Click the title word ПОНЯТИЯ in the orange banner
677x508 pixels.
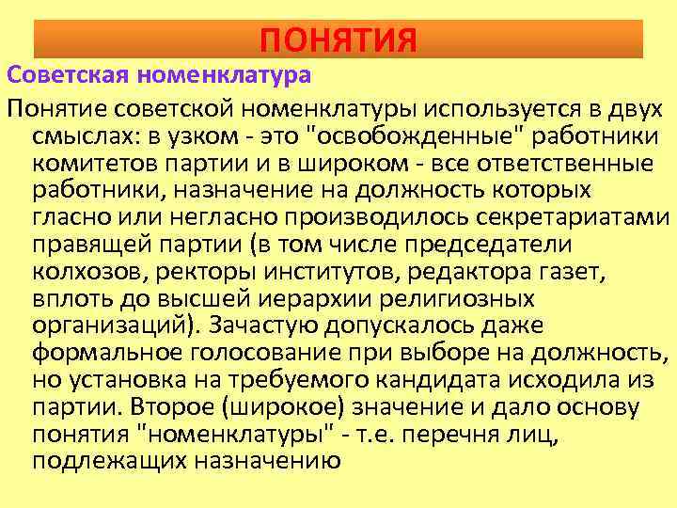click(x=338, y=40)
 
